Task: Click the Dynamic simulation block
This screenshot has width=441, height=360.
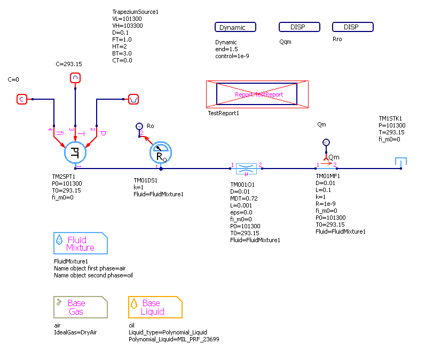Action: [235, 27]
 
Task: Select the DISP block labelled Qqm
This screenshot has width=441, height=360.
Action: [299, 27]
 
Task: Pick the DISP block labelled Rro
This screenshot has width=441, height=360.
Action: [352, 27]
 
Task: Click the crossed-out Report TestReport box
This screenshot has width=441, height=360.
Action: [257, 94]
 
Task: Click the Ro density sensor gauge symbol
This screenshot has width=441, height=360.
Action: [160, 153]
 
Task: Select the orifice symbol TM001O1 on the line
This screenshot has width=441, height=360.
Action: [246, 169]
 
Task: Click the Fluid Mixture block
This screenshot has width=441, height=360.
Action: [81, 243]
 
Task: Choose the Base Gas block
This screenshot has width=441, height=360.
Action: [81, 307]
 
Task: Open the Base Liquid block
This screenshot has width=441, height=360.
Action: [155, 307]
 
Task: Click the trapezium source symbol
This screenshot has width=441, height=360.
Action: [134, 99]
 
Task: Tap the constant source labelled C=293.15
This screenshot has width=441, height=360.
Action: [75, 79]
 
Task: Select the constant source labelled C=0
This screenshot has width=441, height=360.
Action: [22, 99]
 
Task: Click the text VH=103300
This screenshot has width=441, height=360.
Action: [127, 26]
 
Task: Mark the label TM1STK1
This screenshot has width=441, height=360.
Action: [390, 119]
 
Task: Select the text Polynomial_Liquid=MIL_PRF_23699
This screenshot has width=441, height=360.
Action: [174, 339]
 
